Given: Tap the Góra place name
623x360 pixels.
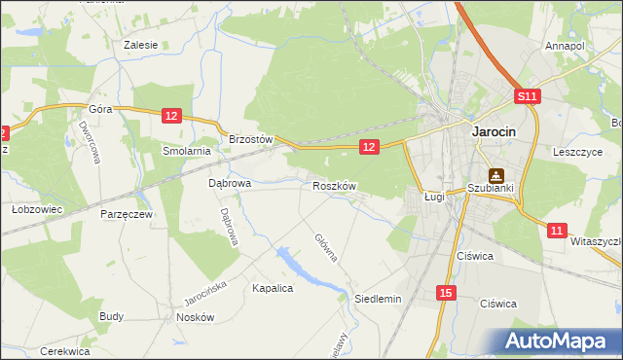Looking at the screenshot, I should pyautogui.click(x=101, y=110).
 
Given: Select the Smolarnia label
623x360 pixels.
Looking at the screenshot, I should pyautogui.click(x=187, y=151).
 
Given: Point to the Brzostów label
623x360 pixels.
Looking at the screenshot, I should pyautogui.click(x=252, y=139).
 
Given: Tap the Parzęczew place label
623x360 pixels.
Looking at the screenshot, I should pyautogui.click(x=126, y=214).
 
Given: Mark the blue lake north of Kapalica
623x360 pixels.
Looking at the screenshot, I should pyautogui.click(x=297, y=266).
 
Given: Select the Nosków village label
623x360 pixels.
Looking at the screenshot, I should pyautogui.click(x=195, y=317).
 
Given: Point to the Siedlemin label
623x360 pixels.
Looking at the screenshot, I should pyautogui.click(x=378, y=299).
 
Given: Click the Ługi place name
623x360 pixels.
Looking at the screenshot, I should pyautogui.click(x=434, y=197).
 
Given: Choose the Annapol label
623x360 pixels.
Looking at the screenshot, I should pyautogui.click(x=565, y=46).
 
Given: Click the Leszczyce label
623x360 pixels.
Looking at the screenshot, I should pyautogui.click(x=578, y=152).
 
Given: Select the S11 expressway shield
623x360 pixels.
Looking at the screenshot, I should pyautogui.click(x=527, y=96).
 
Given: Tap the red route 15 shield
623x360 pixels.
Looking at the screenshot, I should pyautogui.click(x=445, y=293).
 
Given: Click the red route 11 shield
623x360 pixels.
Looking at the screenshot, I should pyautogui.click(x=555, y=231).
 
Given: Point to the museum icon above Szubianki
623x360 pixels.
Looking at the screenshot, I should pyautogui.click(x=496, y=175).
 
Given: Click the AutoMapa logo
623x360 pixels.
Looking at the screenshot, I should pyautogui.click(x=559, y=342).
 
